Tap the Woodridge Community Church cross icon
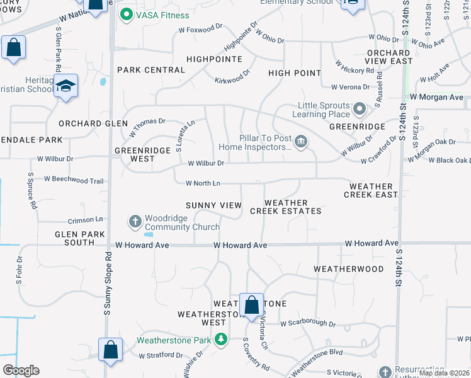(x=135, y=222)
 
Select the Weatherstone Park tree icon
(x=220, y=340)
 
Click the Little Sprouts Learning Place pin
(x=360, y=110)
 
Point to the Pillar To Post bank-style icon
(x=301, y=142)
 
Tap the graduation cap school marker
(x=65, y=86)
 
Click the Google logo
(x=21, y=370)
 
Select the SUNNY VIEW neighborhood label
(x=213, y=205)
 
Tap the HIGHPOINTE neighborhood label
(x=215, y=59)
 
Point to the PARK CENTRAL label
(x=150, y=70)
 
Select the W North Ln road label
(x=203, y=183)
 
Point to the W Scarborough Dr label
(x=308, y=323)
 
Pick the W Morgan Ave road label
(x=436, y=98)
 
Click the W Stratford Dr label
(x=161, y=355)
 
